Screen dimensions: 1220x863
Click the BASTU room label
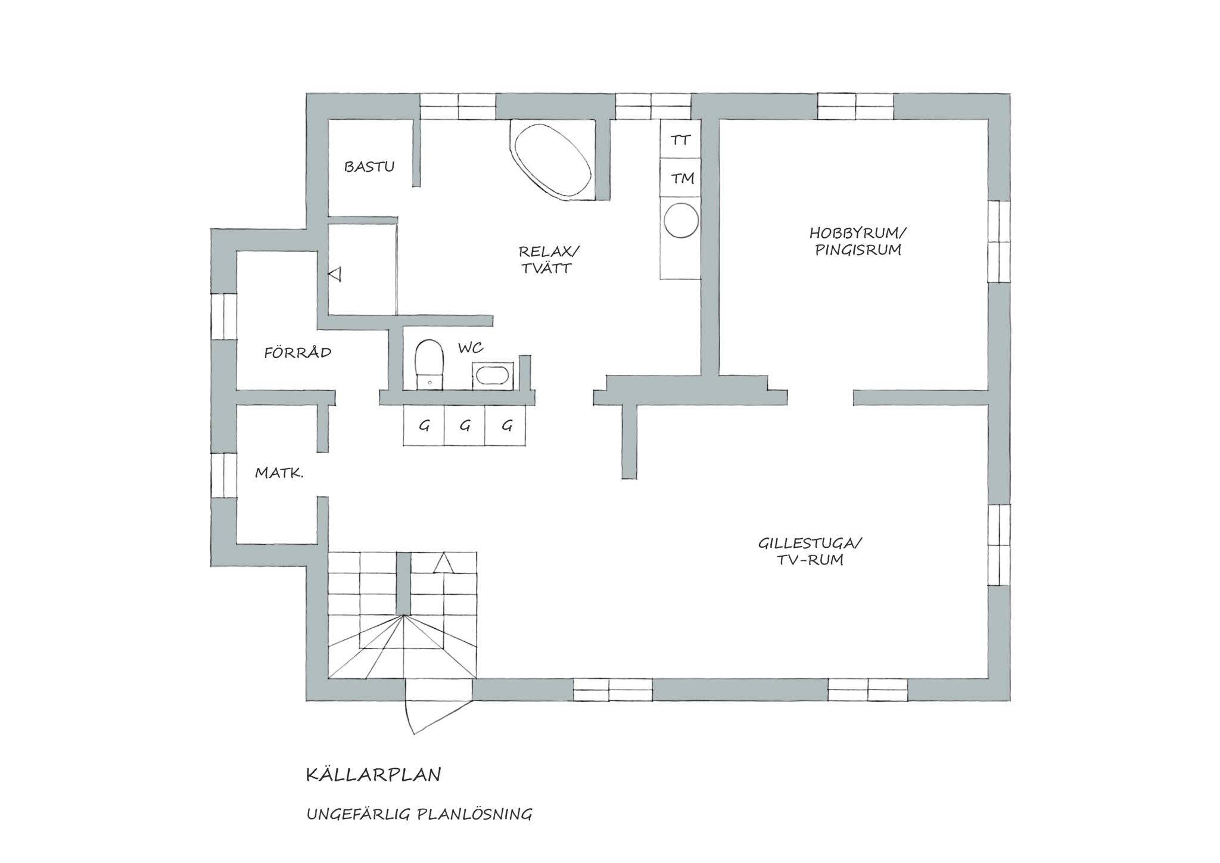coord(369,167)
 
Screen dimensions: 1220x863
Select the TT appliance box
coord(680,139)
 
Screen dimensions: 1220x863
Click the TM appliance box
coord(680,178)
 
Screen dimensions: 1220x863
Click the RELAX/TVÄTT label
coord(548,259)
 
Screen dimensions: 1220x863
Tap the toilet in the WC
coord(429,364)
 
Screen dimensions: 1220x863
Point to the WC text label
coord(470,347)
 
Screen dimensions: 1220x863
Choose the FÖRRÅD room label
coord(298,352)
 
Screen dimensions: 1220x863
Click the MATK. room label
coord(279,473)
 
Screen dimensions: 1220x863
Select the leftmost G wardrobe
coord(424,425)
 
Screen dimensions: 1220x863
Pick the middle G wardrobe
coord(465,425)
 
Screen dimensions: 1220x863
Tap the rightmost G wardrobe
coord(506,425)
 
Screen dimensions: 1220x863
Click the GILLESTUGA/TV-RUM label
coord(810,551)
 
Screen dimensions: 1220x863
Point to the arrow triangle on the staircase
coord(443,563)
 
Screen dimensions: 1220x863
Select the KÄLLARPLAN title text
coord(374,775)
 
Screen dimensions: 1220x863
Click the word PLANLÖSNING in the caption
coord(474,814)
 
